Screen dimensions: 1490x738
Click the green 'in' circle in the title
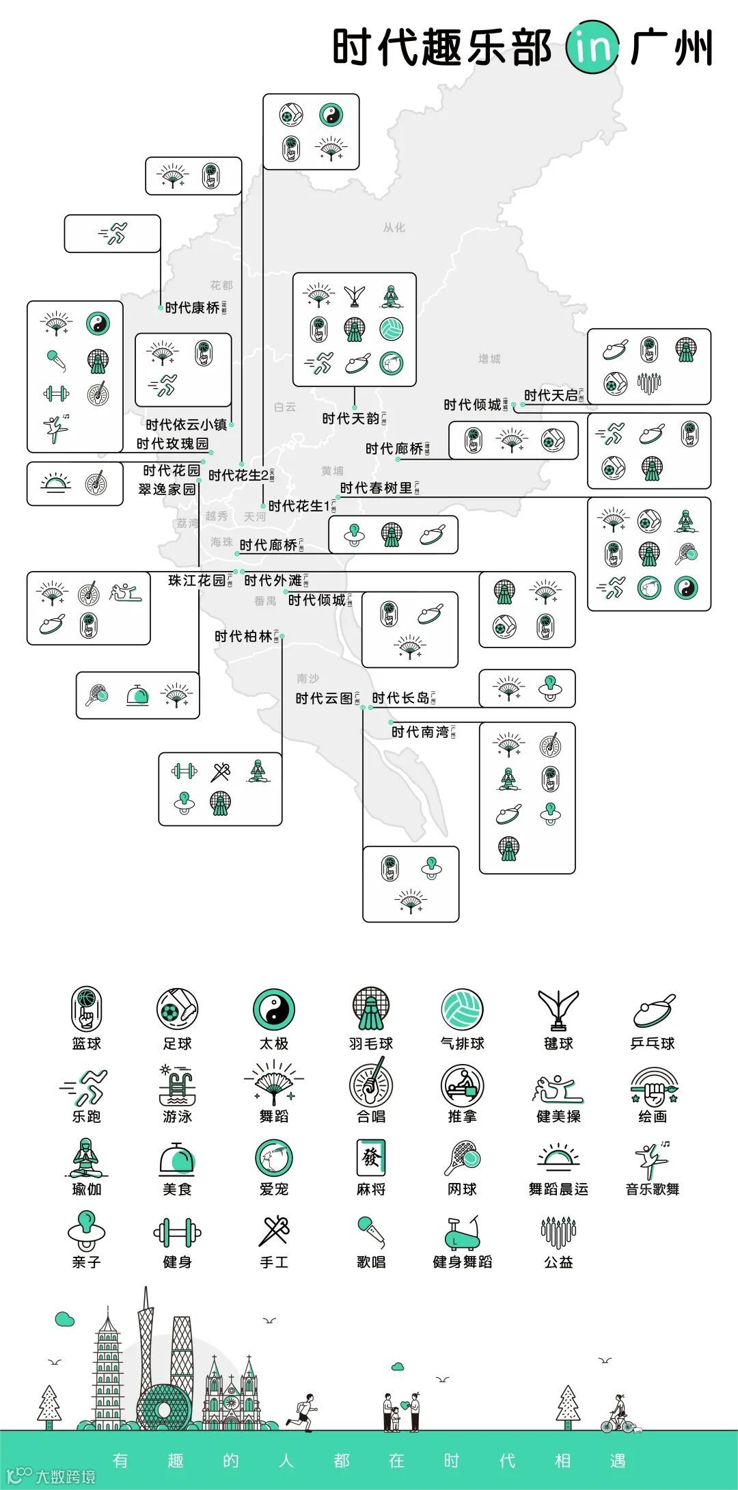[592, 47]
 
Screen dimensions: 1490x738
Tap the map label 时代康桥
[193, 308]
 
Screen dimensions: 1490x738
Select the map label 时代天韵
[351, 418]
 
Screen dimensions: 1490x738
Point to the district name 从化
[394, 228]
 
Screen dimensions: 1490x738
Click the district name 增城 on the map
[489, 359]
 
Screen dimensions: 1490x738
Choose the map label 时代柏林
[243, 637]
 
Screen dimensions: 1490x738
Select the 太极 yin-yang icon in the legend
[274, 1009]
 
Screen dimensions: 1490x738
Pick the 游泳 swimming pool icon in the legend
[177, 1086]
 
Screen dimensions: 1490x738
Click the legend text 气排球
[463, 1043]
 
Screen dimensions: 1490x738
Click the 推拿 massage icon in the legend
[463, 1086]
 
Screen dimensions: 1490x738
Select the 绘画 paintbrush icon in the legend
[653, 1086]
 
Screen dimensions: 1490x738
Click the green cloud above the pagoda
[65, 1318]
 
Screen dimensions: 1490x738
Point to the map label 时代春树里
[377, 488]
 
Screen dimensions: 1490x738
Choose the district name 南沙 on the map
[308, 678]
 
